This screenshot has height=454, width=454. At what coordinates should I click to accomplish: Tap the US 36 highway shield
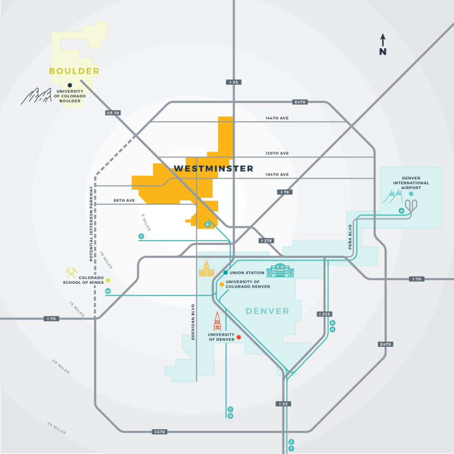coord(113,113)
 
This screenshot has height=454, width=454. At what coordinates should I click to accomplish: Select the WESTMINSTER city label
coord(214,168)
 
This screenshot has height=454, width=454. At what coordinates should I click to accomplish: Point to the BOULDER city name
coord(74,71)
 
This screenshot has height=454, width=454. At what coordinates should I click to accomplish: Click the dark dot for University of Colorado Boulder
coord(70,85)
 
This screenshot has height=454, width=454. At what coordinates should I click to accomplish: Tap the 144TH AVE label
coord(277,118)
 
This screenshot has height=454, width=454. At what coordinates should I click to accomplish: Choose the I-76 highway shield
coord(285,192)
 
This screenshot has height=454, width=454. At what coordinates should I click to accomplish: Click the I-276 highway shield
coord(266,241)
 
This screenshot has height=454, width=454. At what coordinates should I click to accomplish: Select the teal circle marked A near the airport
coord(401,211)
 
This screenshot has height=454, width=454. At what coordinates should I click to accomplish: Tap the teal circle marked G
coord(141,236)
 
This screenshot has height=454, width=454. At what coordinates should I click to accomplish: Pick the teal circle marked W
coord(108,291)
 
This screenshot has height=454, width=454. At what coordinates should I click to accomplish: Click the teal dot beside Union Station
coord(226,273)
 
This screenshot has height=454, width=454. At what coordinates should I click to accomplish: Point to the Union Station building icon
coord(280,270)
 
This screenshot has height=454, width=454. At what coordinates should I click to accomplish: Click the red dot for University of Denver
coord(239,337)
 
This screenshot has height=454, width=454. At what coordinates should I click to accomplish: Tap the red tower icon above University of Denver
coord(217,321)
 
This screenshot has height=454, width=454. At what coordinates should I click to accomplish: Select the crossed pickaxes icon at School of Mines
coord(71,273)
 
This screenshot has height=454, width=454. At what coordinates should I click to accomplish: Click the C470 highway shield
coord(160,432)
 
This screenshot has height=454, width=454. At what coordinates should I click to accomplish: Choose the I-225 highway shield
coord(325,314)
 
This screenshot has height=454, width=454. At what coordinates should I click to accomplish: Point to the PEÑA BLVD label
coord(350,237)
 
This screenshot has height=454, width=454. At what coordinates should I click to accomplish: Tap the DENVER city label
coord(267,311)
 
